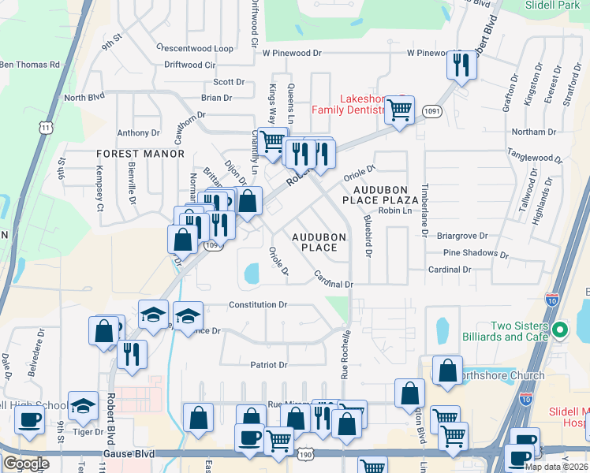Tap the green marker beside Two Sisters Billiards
560,329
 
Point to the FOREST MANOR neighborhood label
129,154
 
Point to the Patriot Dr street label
269,365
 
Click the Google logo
26,464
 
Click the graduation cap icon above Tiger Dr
82,406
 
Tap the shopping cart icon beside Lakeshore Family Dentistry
400,112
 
